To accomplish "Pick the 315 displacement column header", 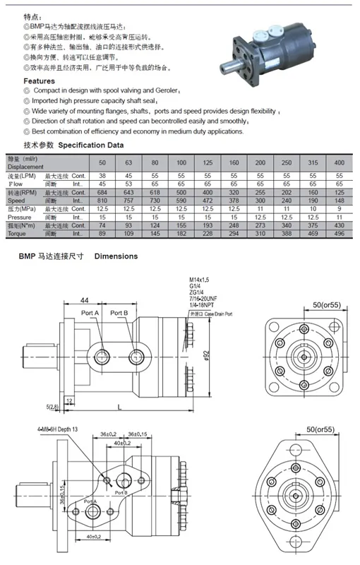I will tap(313, 163).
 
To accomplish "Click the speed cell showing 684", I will tap(102, 193).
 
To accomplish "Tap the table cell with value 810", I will tap(102, 201).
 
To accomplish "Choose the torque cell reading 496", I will tap(338, 233).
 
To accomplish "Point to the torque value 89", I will tap(102, 233).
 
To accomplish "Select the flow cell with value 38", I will tap(102, 175).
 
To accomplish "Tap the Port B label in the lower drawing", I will tap(121, 492).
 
